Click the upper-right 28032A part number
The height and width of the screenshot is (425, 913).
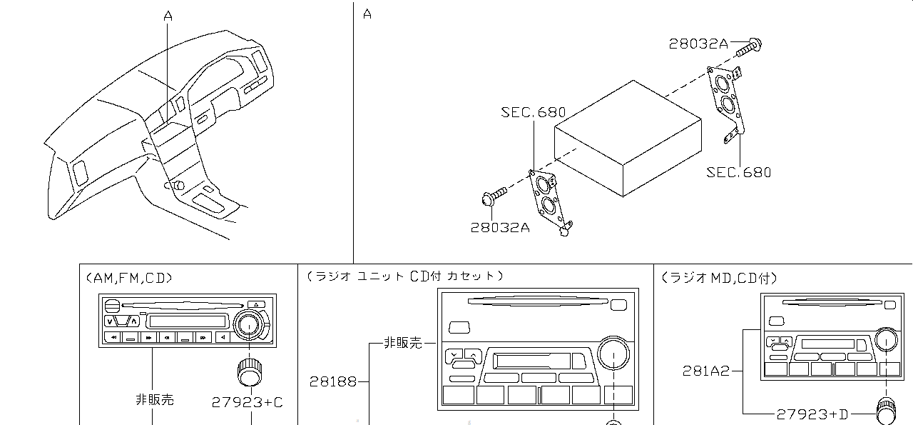click(x=698, y=44)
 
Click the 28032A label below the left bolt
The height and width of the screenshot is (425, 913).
click(x=500, y=228)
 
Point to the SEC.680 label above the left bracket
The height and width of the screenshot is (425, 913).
click(x=533, y=112)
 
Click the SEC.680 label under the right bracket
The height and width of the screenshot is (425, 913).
click(x=739, y=172)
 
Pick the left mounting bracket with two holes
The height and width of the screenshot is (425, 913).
click(x=549, y=199)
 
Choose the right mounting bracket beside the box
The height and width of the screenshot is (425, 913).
click(x=728, y=104)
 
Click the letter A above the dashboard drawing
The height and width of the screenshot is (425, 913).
click(x=168, y=15)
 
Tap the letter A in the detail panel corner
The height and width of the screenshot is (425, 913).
click(x=367, y=14)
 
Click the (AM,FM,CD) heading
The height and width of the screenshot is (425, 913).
click(x=129, y=278)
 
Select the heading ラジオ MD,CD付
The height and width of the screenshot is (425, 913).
click(x=719, y=278)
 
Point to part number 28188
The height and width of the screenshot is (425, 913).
click(x=333, y=382)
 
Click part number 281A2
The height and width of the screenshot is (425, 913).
click(x=706, y=371)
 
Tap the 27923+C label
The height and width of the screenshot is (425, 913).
click(x=247, y=402)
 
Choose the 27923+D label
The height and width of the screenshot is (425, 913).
click(x=812, y=414)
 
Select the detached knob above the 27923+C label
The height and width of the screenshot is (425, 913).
click(x=249, y=371)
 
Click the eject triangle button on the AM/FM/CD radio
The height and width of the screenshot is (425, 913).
click(x=253, y=304)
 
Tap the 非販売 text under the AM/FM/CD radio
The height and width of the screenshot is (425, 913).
click(x=154, y=400)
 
